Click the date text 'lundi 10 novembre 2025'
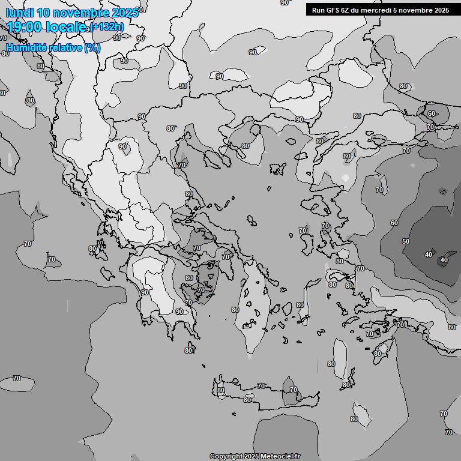point(71,13)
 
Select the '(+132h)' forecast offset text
point(108,26)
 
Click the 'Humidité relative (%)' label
point(53,47)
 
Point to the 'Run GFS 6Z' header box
point(381,10)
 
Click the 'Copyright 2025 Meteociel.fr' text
point(255,456)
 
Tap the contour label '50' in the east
point(406,241)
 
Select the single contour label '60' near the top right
point(432,113)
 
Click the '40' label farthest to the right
point(444,260)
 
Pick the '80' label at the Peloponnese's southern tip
point(188,351)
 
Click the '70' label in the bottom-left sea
point(17,378)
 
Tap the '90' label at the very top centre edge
point(285,3)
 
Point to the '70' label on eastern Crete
point(294,390)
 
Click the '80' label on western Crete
point(221,390)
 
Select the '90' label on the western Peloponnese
point(145,292)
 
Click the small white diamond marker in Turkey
point(345,178)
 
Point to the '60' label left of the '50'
point(394,223)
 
